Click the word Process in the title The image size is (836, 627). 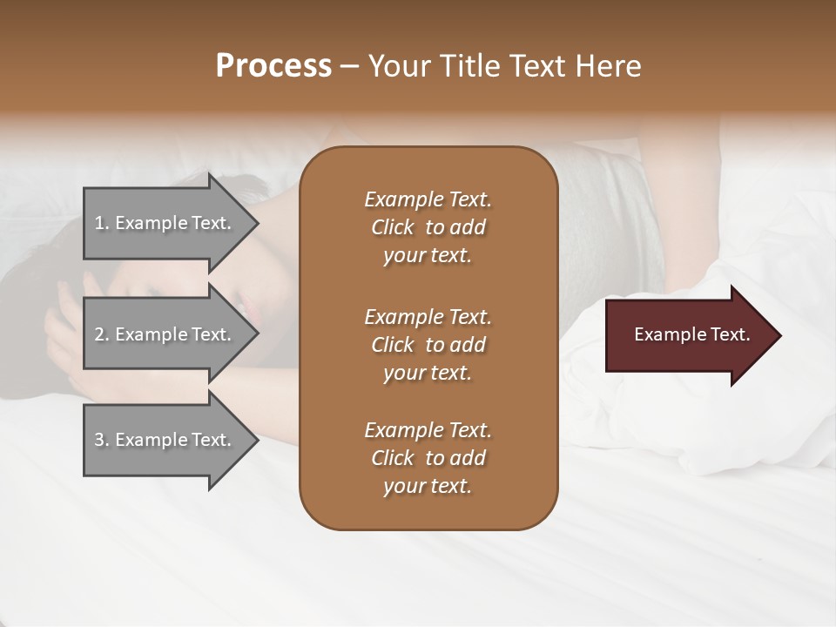(273, 66)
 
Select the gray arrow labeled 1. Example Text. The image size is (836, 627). (165, 223)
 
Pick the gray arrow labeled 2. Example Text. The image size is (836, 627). (165, 334)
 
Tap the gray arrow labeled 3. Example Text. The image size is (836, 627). (165, 440)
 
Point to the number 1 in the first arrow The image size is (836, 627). (99, 223)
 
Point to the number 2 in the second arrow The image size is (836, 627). (99, 334)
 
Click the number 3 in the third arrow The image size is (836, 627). (99, 440)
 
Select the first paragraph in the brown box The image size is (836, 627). (428, 227)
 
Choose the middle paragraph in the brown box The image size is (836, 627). (428, 345)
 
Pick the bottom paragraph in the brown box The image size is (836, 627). (428, 458)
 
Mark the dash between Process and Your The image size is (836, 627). (349, 67)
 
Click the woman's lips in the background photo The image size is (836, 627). (251, 309)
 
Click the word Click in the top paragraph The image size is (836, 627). (393, 227)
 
